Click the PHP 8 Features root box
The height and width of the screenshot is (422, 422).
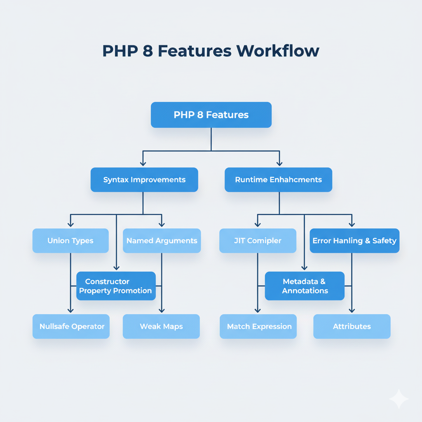tap(211, 115)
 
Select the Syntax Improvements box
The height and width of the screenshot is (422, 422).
tap(144, 180)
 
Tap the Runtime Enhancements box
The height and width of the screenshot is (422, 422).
tap(278, 180)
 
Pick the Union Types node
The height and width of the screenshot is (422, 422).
tap(70, 241)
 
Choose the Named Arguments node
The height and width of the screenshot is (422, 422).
tap(162, 241)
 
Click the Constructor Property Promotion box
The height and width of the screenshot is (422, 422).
tap(116, 286)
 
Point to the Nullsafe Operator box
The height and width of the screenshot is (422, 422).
tap(71, 326)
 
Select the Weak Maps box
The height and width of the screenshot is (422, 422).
tap(161, 326)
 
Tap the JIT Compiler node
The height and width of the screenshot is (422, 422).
tap(258, 241)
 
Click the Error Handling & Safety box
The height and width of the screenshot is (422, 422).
tap(354, 241)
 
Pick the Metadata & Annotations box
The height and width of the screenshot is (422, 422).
tap(304, 286)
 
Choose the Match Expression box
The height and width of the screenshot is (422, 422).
tap(258, 326)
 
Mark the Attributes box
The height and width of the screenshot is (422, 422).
tap(352, 326)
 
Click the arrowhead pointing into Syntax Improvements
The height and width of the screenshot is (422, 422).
tap(143, 163)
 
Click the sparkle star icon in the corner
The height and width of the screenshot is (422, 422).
tap(399, 399)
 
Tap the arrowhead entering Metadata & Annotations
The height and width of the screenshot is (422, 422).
tap(304, 267)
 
